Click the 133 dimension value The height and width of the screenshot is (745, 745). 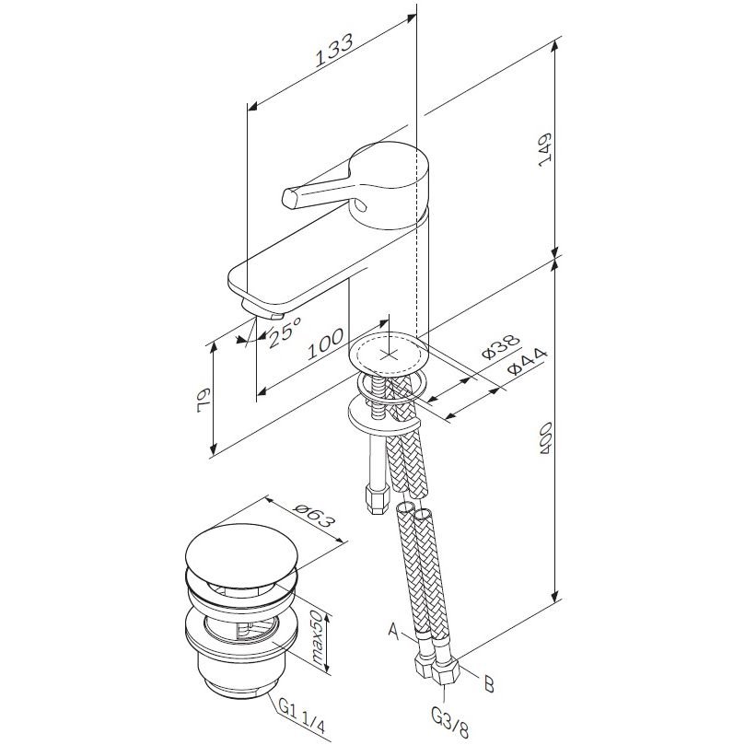[x=334, y=50]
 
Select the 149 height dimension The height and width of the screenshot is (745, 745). [x=545, y=149]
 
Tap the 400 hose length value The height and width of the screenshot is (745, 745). [x=545, y=437]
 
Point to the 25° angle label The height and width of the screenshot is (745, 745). [x=285, y=332]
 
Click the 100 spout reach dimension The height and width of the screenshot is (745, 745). [x=326, y=343]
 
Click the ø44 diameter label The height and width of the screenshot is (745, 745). [x=528, y=361]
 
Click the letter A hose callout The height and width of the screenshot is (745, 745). [x=394, y=631]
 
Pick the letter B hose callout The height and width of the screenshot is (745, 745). [x=489, y=684]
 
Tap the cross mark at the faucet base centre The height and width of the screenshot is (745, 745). [x=389, y=354]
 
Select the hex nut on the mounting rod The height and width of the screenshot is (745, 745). [x=376, y=499]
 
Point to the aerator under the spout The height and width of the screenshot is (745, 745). [x=262, y=309]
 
